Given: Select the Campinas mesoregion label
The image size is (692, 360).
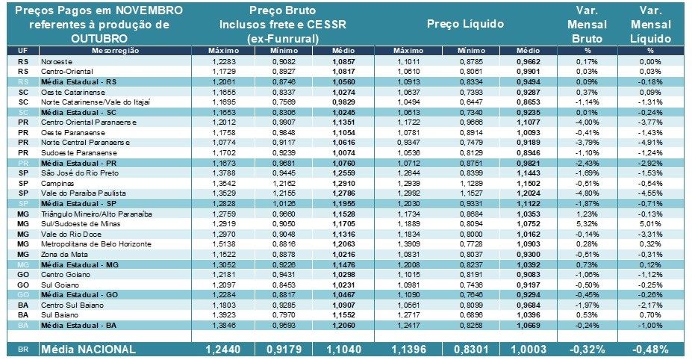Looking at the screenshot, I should tap(57, 182).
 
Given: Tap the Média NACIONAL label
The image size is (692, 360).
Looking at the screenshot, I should tap(90, 350).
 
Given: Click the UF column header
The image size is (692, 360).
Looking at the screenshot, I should tap(22, 49).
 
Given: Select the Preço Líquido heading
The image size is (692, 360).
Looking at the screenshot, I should tap(465, 24).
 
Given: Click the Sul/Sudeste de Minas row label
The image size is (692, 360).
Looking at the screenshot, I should tap(75, 223).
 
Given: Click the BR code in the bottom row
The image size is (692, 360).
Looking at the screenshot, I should tap(22, 350).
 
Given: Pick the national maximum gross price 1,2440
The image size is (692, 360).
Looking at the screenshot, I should tap(222, 350).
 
